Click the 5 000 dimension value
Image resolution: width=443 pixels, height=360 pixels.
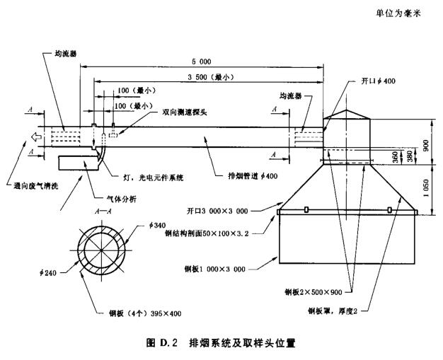[x=200, y=62]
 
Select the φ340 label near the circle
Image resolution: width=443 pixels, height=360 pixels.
[x=158, y=226]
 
